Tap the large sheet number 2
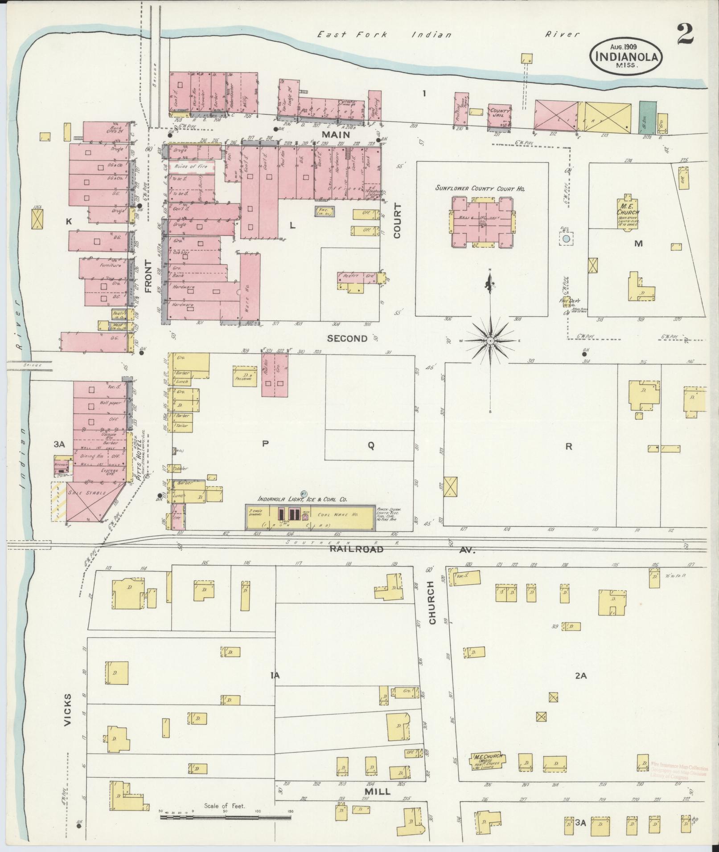(685, 34)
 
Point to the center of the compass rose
(490, 341)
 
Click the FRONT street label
(148, 277)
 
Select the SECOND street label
(347, 338)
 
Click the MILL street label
(377, 791)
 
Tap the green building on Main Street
(647, 117)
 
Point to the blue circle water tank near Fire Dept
(566, 239)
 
